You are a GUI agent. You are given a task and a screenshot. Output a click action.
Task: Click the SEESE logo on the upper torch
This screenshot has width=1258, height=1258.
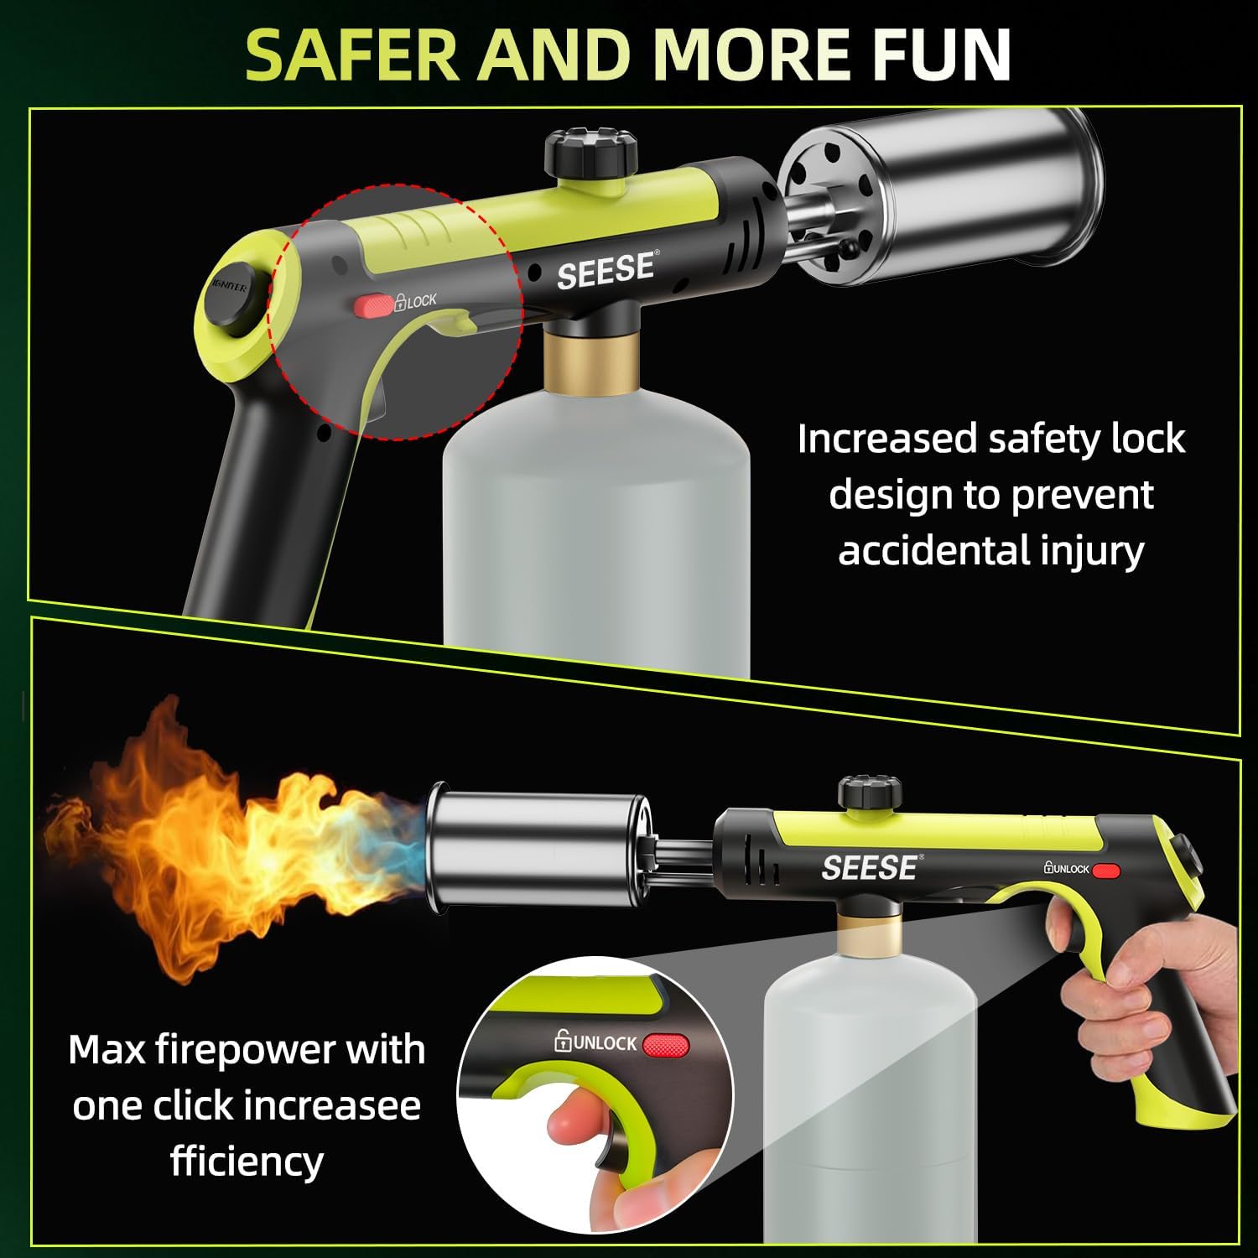click(x=606, y=270)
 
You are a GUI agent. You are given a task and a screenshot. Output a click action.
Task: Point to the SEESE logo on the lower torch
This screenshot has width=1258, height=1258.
click(x=868, y=868)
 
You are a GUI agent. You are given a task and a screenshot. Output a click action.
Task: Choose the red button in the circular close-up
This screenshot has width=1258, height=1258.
click(x=664, y=1045)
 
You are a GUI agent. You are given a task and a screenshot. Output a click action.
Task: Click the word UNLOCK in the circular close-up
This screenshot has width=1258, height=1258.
click(x=606, y=1043)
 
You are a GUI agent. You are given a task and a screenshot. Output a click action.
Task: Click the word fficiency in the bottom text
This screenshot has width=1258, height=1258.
click(x=247, y=1162)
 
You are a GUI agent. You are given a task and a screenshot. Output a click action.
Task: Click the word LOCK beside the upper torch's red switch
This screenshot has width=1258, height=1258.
click(x=422, y=300)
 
